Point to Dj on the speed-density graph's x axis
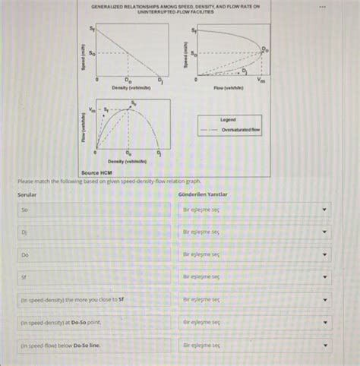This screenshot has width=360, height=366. click(x=160, y=80)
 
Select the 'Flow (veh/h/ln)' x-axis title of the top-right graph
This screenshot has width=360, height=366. click(x=229, y=88)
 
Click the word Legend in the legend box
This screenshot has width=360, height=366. click(x=228, y=119)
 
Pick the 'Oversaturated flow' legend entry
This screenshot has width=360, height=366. click(x=241, y=130)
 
